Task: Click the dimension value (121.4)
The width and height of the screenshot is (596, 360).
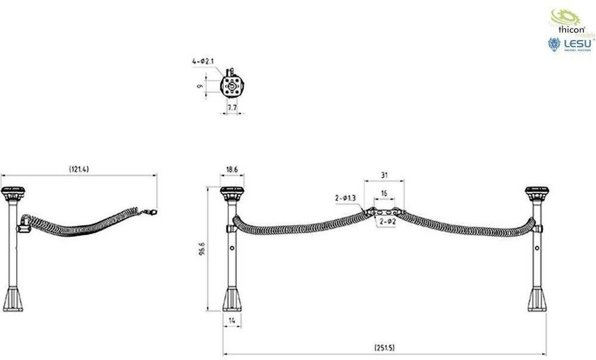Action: (79, 170)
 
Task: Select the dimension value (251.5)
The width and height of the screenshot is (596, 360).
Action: (386, 347)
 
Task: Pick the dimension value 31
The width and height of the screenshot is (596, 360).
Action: (384, 175)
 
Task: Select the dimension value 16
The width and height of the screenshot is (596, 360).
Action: (384, 194)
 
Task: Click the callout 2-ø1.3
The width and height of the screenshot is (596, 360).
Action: (346, 197)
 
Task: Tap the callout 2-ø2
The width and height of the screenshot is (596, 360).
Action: (387, 222)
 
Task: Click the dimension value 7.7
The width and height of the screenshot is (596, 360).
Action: (233, 107)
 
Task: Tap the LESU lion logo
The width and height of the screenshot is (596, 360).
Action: (554, 45)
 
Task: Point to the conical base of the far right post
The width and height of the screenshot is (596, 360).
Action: (537, 298)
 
